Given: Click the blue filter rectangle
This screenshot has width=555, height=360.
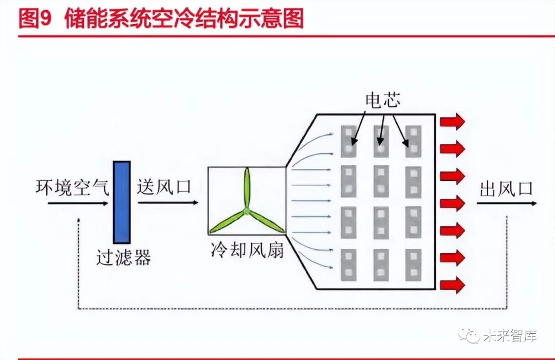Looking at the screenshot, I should coord(122,201).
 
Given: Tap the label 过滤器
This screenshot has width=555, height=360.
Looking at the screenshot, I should coord(123,257).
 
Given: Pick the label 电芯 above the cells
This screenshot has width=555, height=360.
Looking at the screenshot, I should coord(382,101).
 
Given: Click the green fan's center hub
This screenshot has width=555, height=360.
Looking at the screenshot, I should coord(247,211).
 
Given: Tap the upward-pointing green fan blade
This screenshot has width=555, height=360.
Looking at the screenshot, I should coord(247,188).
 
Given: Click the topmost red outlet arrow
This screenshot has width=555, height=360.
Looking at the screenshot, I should coord(452,122).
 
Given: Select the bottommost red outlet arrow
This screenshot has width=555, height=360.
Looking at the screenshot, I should coord(452,283).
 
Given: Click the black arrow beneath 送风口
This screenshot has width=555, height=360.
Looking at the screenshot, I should coord(168,203).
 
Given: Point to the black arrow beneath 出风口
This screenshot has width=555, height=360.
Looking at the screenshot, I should coord(507,203).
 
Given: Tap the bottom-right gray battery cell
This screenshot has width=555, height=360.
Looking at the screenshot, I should coord(413,264).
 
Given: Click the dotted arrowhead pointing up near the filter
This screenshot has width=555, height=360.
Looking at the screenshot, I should coord(78,221).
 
